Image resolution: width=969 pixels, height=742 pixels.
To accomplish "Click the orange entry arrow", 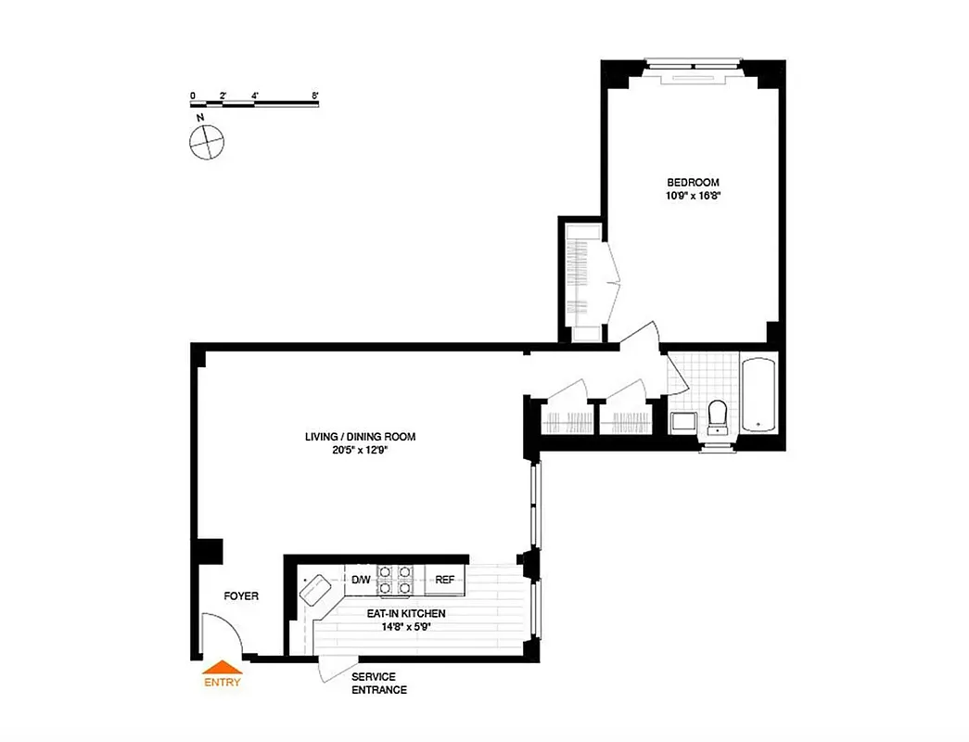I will click(222, 666).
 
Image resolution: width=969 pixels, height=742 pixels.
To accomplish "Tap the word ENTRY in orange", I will click(222, 683).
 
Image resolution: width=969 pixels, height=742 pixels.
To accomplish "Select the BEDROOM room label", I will click(693, 183).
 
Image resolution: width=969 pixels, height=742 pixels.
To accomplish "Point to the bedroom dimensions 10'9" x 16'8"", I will click(693, 197).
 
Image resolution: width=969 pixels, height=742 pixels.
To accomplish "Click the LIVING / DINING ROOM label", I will click(361, 437).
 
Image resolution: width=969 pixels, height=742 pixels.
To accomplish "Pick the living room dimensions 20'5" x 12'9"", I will click(361, 451).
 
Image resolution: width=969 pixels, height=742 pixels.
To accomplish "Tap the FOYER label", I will click(241, 596).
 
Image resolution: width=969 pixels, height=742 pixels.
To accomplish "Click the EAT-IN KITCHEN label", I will click(406, 614).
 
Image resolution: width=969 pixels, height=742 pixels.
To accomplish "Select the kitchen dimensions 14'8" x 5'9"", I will click(406, 627).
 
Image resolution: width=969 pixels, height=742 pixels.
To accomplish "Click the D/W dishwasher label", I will click(361, 581).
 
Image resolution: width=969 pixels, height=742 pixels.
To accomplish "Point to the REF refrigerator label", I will click(444, 581).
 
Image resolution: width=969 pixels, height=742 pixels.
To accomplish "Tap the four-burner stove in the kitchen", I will click(396, 580).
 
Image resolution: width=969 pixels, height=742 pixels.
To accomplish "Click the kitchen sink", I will click(318, 588).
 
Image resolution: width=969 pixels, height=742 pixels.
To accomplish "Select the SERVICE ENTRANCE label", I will click(378, 684).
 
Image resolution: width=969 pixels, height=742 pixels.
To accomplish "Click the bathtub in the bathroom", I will click(760, 397).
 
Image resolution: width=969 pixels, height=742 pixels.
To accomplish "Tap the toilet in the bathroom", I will click(718, 415).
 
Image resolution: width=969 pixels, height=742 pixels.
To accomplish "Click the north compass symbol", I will click(206, 141).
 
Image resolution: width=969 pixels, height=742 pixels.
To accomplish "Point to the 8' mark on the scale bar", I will click(316, 96).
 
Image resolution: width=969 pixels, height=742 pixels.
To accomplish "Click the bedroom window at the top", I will click(694, 65).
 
